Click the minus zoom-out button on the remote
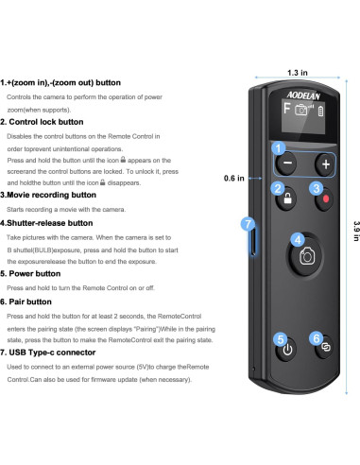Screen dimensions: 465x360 [286, 163]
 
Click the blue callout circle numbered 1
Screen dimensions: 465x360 [278, 147]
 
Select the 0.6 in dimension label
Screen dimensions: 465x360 [234, 178]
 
